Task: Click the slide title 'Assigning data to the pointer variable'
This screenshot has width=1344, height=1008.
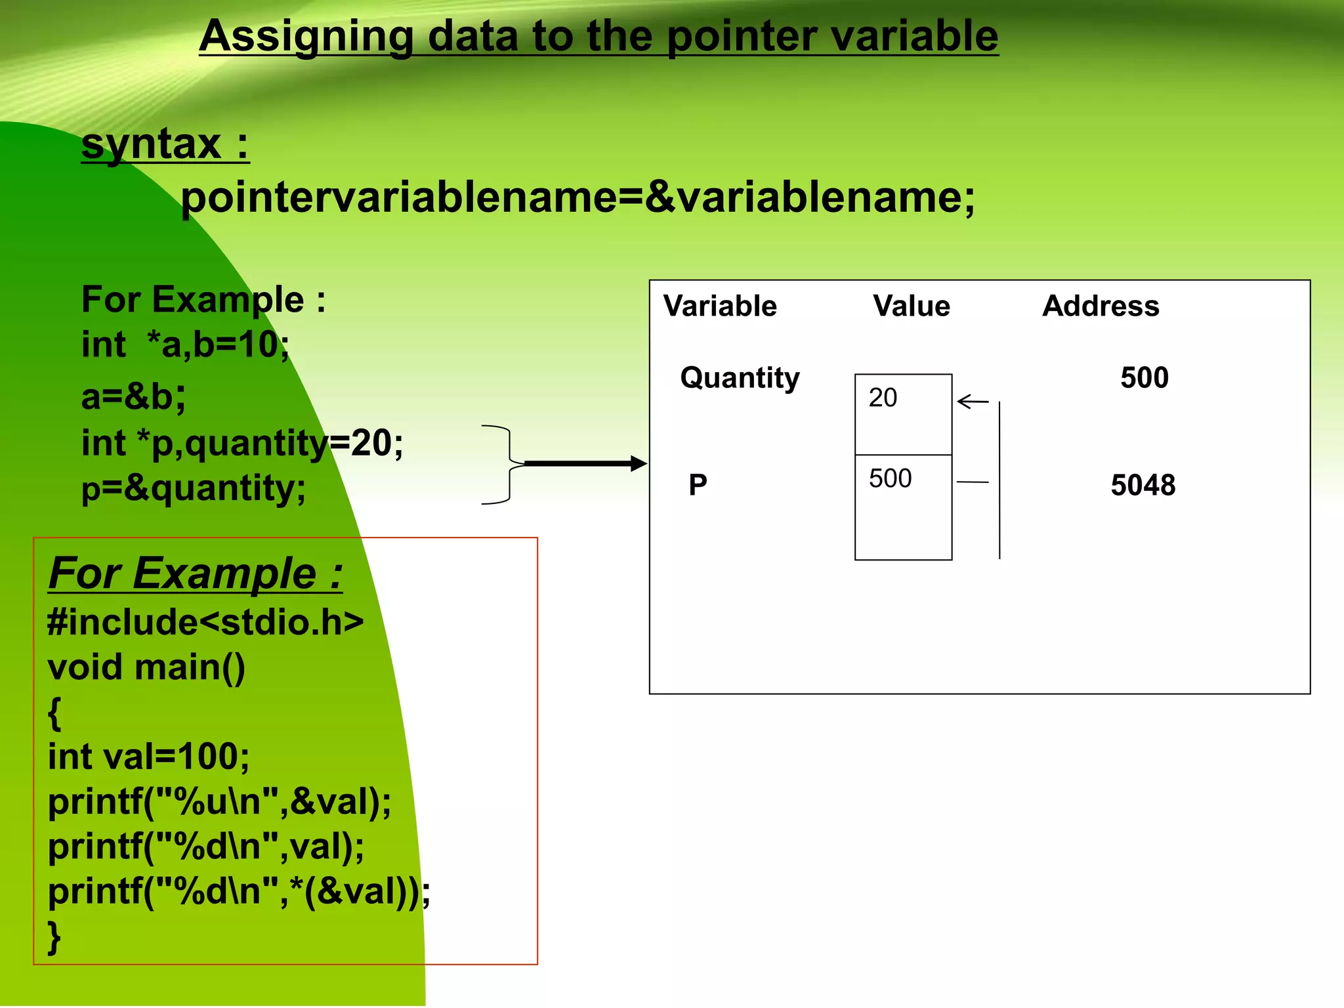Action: pos(598,36)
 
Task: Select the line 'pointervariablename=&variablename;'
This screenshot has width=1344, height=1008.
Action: pos(577,198)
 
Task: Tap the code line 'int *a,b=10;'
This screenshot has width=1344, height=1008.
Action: pos(185,345)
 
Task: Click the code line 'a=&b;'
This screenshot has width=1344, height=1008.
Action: pos(133,397)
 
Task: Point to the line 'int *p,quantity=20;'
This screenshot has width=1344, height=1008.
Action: pos(242,443)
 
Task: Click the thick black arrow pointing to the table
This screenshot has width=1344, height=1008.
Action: pos(584,464)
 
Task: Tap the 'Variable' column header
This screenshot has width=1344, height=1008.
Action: pos(720,306)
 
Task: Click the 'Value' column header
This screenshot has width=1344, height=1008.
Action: pos(911,306)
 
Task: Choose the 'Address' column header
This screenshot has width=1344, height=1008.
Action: pos(1101,306)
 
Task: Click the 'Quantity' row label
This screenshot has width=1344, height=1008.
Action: pos(740,378)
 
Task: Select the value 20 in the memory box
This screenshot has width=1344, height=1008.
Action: pos(883,398)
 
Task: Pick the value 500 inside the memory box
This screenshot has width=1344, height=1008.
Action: pos(890,478)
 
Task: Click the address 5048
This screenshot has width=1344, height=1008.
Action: pos(1143,486)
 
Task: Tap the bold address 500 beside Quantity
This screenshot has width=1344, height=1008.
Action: pos(1144,378)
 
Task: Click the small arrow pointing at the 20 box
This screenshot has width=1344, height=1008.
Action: pos(972,401)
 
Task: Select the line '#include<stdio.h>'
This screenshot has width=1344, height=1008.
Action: pos(205,622)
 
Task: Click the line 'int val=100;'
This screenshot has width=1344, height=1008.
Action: pos(148,757)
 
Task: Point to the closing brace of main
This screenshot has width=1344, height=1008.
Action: pos(54,937)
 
